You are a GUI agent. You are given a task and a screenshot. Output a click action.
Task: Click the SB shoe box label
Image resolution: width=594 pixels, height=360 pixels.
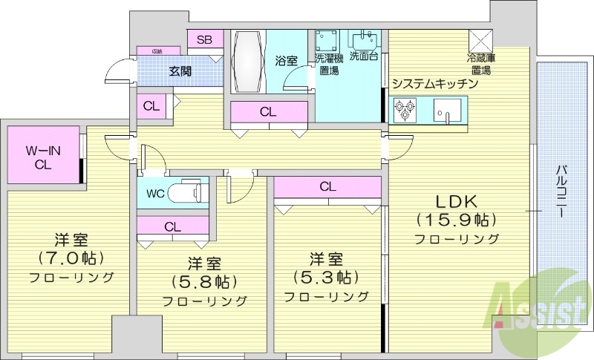click(x=204, y=39)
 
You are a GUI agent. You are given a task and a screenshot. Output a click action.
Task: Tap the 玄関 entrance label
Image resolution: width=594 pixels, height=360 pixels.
click(x=180, y=71)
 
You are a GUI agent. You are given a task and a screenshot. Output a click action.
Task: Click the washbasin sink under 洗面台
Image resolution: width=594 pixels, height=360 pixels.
click(x=365, y=39)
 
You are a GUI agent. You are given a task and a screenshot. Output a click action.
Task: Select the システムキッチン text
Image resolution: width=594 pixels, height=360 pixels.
click(x=434, y=84)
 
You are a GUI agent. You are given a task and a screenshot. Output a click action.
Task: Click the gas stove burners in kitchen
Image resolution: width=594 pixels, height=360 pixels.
click(x=405, y=111)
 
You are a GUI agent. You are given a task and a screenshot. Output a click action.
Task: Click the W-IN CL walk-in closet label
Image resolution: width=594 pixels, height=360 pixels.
click(x=42, y=157)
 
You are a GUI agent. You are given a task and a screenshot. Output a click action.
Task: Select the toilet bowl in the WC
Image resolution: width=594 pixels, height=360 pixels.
click(x=186, y=192)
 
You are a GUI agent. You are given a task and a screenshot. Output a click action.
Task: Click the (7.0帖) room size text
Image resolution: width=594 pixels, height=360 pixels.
click(x=71, y=258)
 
